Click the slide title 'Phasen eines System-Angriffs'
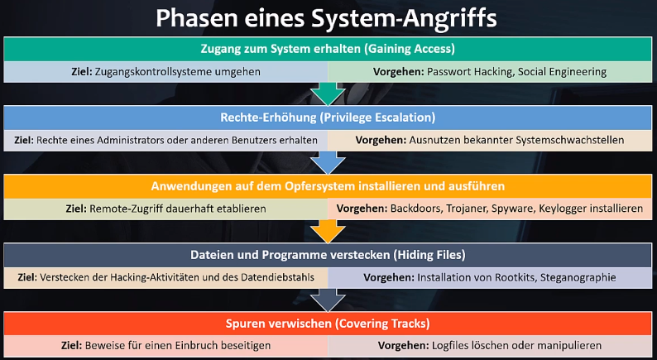click(x=328, y=17)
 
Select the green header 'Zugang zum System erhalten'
click(x=328, y=48)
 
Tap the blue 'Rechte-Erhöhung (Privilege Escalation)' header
click(x=328, y=117)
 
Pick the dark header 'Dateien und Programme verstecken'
click(x=328, y=254)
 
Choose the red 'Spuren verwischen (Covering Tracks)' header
click(x=328, y=323)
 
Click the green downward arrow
click(x=328, y=94)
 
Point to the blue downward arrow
click(x=328, y=161)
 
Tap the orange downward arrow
click(x=328, y=230)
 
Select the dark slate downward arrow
click(x=328, y=299)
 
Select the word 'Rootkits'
click(x=501, y=277)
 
